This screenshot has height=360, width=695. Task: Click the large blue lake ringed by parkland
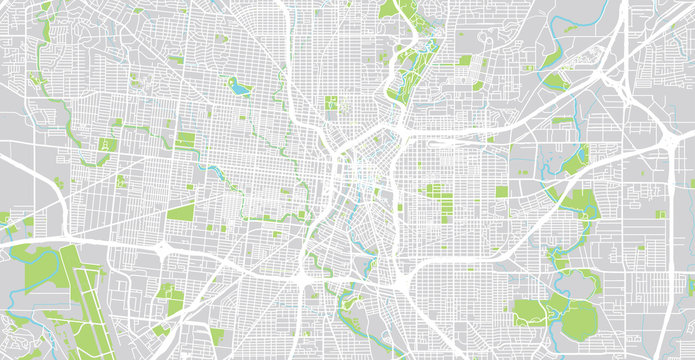(239, 88)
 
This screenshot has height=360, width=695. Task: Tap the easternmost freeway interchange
(667, 135)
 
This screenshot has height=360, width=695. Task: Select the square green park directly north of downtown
(331, 104)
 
